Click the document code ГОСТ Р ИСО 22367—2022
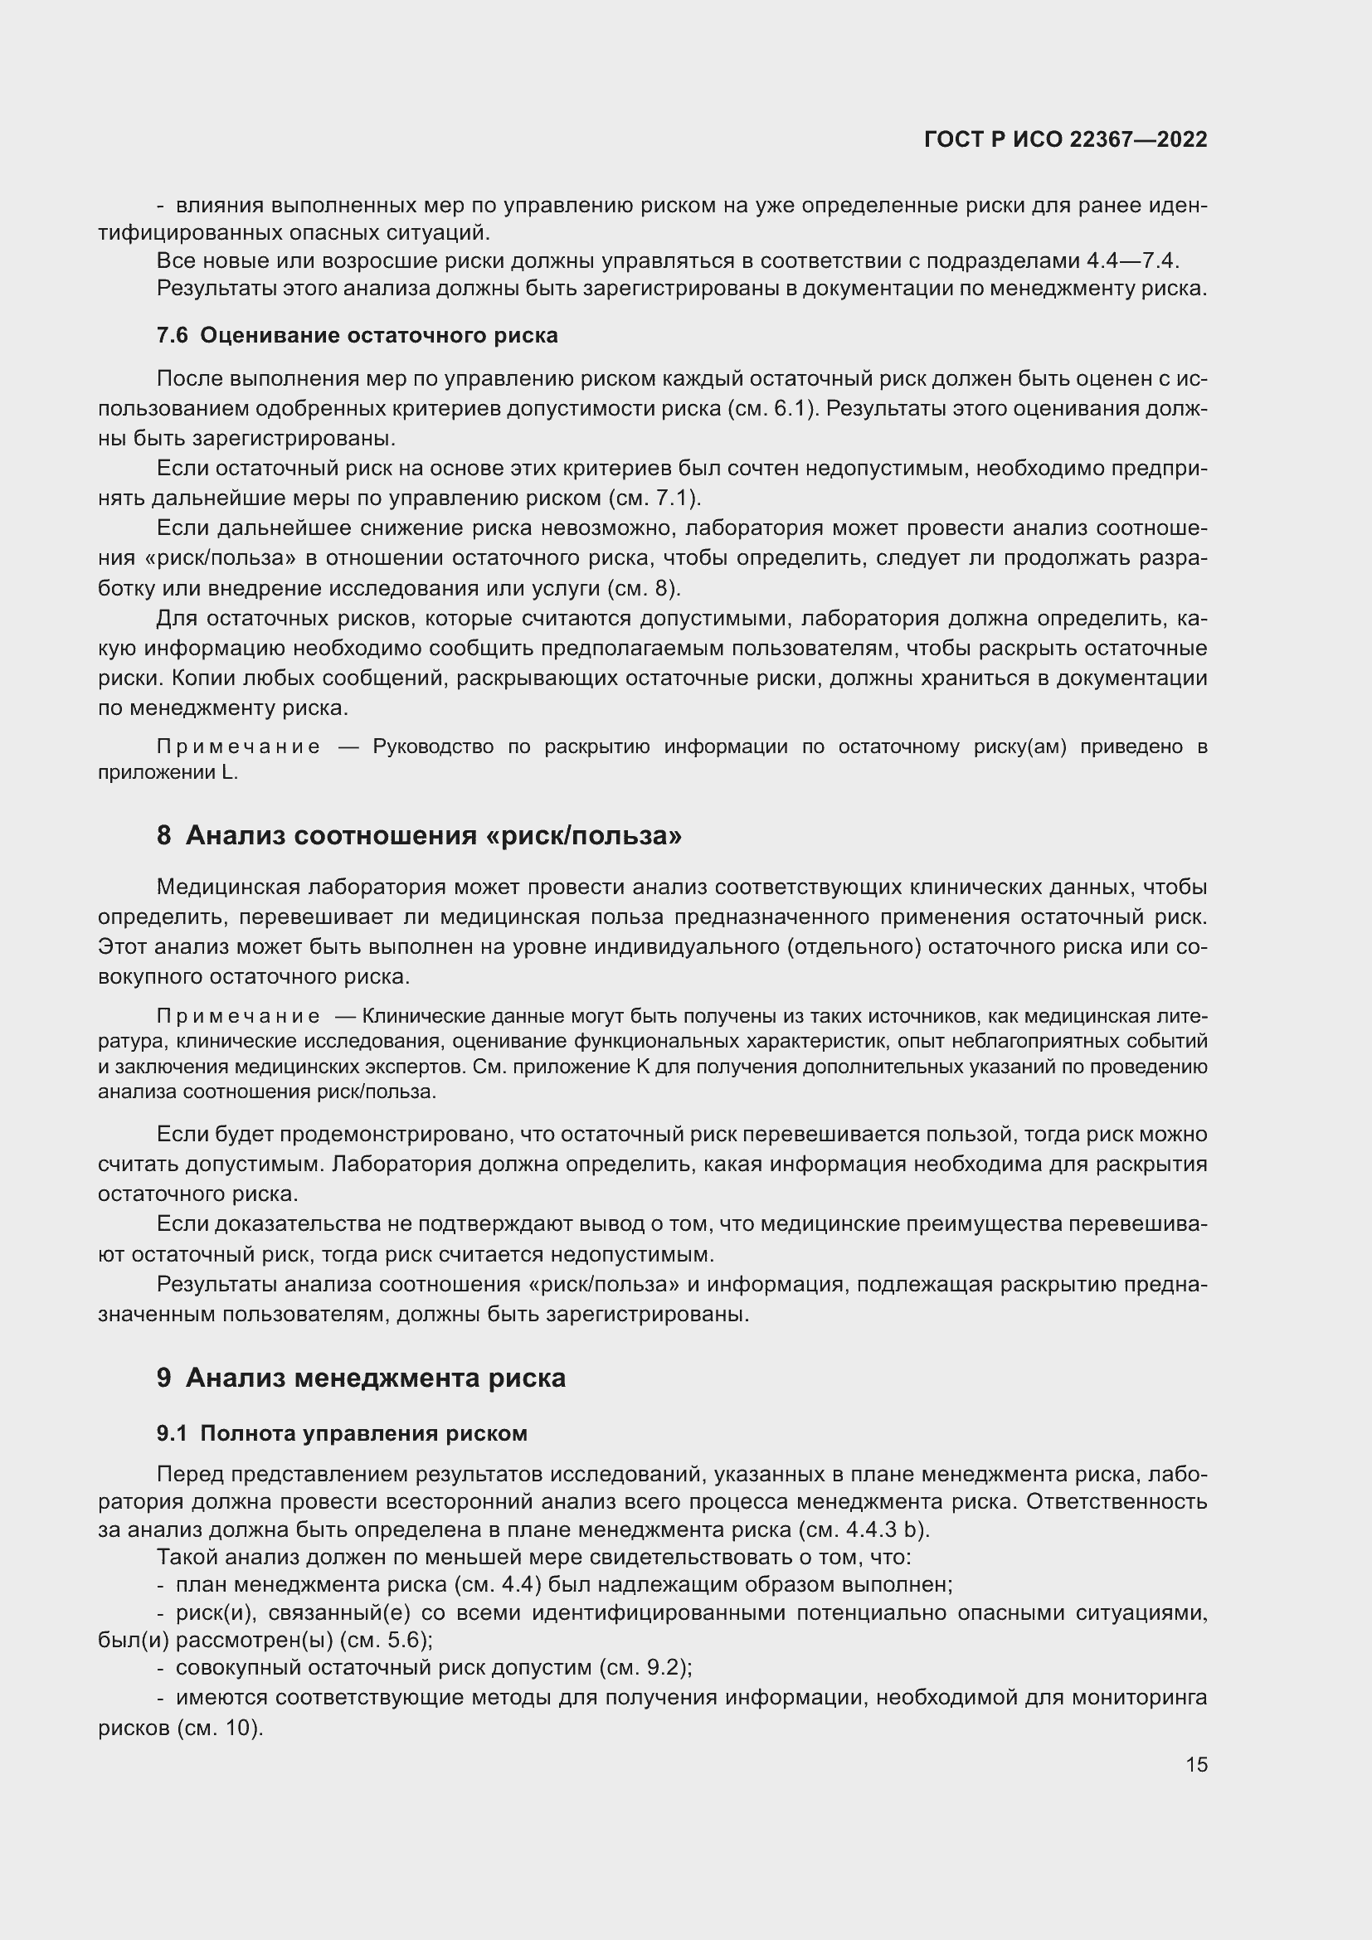1065,139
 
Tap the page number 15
1196,1764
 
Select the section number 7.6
173,335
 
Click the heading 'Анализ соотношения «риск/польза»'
433,836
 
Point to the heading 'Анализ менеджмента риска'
375,1378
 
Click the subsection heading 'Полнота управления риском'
363,1433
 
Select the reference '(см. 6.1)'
772,409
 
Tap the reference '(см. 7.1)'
654,498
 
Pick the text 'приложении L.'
168,772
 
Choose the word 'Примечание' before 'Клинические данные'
238,1017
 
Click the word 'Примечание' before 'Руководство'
238,747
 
